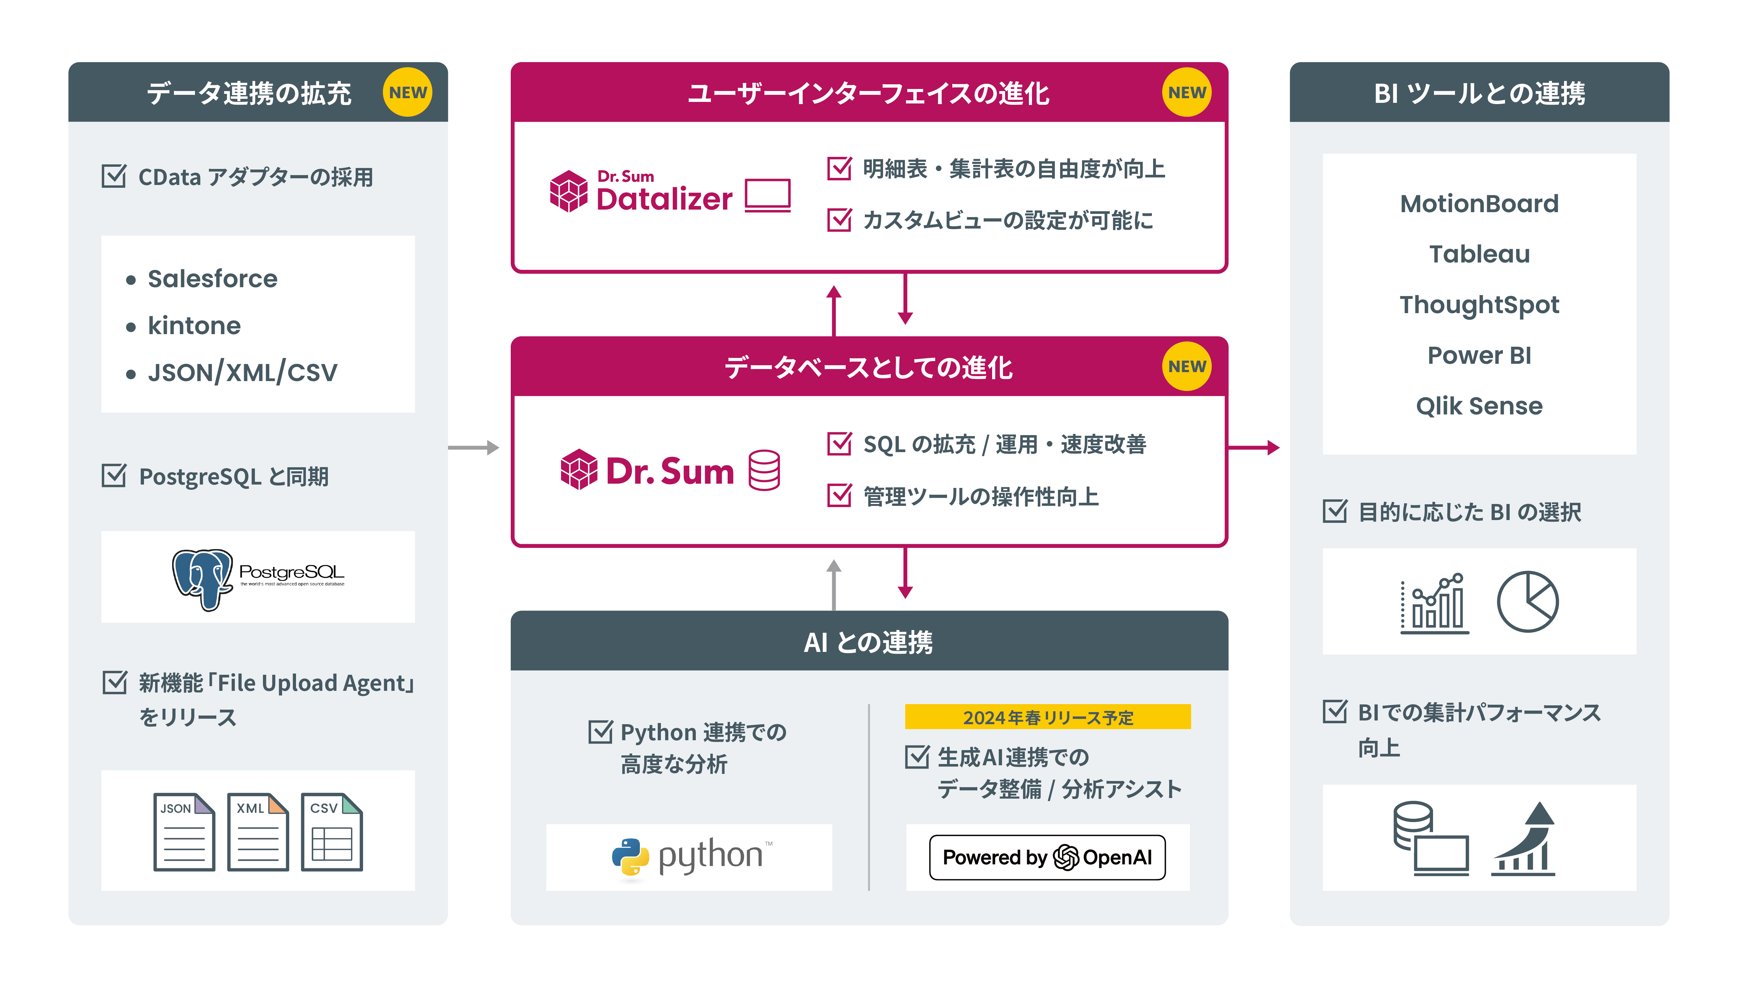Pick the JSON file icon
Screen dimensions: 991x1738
point(184,832)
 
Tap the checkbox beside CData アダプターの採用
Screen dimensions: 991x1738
point(114,176)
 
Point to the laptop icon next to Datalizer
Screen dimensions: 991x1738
point(767,195)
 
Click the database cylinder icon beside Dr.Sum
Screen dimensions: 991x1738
point(764,470)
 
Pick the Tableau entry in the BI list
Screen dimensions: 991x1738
point(1479,254)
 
